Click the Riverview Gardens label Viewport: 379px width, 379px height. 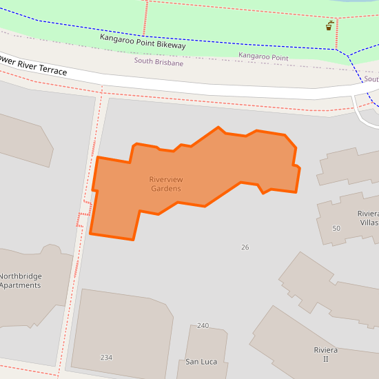166,184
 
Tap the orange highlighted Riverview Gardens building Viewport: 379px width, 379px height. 207,165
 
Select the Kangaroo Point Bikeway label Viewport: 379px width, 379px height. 143,41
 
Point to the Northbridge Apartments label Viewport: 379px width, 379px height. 21,280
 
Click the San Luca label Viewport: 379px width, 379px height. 201,362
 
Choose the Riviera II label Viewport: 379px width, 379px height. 325,354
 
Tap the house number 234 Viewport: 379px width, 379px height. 106,358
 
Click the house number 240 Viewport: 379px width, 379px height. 203,325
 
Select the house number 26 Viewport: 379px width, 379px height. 245,247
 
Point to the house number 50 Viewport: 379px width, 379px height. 336,228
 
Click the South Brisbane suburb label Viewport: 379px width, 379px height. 158,62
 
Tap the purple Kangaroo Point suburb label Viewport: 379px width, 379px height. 263,57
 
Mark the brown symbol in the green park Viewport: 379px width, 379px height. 330,25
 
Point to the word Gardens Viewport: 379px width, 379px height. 166,189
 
